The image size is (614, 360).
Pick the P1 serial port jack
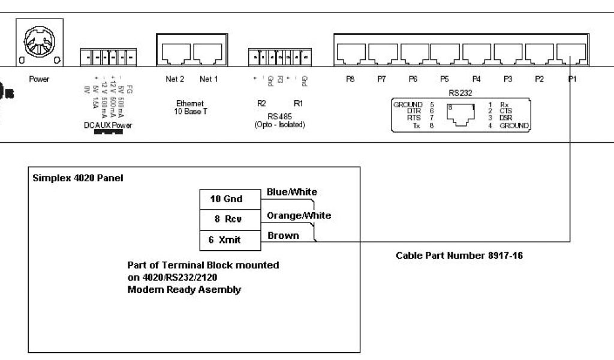(571, 55)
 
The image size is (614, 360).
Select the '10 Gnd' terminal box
(230, 199)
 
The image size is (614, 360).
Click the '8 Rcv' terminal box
(230, 219)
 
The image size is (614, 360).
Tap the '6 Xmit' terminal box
(230, 240)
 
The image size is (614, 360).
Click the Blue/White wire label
(292, 192)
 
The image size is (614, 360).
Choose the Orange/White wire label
(299, 215)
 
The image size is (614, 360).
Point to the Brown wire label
(283, 236)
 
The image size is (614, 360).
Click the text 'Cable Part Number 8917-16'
(460, 256)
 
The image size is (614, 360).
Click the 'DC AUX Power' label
(108, 125)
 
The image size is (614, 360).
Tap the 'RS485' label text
(279, 116)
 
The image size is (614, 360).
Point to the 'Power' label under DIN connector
(39, 79)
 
